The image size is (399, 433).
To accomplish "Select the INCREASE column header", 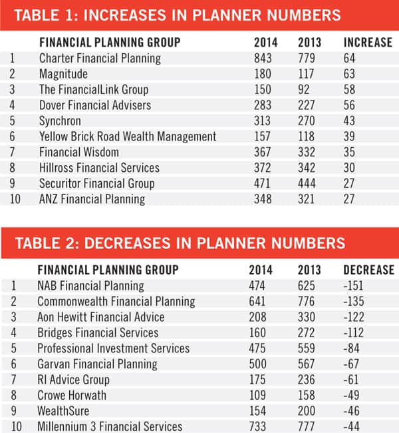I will click(368, 42).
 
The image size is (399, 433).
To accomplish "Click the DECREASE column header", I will click(368, 270).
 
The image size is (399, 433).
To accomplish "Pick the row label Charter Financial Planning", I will click(100, 58).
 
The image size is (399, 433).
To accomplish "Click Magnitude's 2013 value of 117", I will click(309, 73).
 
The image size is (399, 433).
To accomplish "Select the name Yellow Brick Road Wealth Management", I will click(128, 136).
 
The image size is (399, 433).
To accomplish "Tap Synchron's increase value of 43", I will click(350, 121).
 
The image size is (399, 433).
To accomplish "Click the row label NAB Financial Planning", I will click(90, 286).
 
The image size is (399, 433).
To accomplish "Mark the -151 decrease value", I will click(354, 286).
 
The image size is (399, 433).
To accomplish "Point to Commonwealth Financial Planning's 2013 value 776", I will click(309, 301).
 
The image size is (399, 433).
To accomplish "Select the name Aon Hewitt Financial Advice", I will click(100, 317).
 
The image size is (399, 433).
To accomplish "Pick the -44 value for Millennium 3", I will click(352, 426).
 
